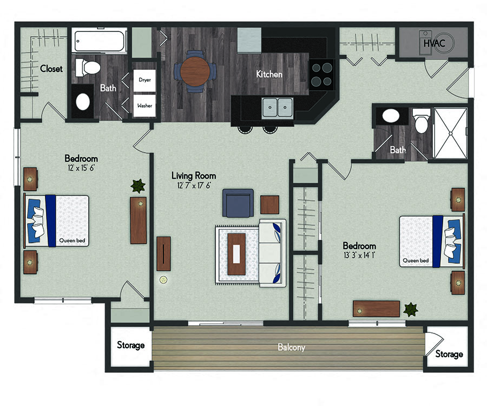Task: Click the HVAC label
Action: point(434,43)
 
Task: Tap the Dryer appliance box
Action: point(144,80)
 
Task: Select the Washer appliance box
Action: point(144,106)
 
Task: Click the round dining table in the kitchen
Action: point(195,71)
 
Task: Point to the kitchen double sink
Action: point(278,108)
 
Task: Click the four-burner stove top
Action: point(321,75)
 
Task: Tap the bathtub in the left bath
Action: point(100,41)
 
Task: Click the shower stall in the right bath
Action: point(450,133)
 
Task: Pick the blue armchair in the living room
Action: point(238,203)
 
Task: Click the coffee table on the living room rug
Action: point(236,254)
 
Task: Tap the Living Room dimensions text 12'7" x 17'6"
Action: point(194,186)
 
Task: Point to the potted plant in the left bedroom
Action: point(138,186)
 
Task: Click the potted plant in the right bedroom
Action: point(411,310)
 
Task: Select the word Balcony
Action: point(291,348)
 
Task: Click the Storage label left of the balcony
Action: point(131,345)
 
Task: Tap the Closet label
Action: point(51,69)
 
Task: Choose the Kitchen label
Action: point(269,74)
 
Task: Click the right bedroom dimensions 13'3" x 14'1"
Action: point(359,256)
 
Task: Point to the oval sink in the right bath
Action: point(391,116)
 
